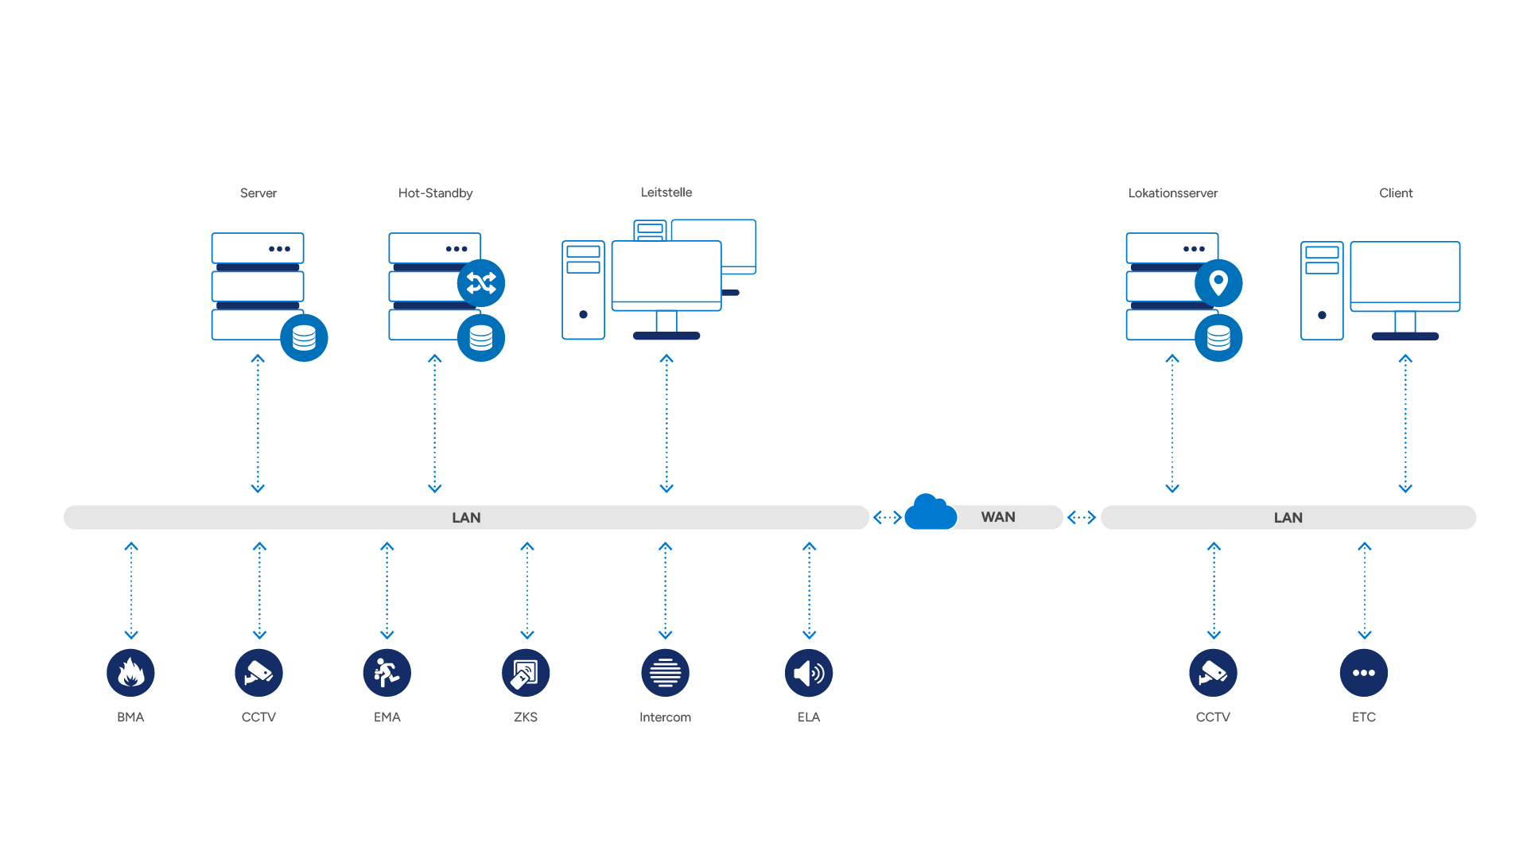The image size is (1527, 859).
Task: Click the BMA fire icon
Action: click(130, 673)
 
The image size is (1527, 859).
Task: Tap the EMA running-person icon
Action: click(387, 673)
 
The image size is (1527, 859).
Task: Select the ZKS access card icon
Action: click(526, 673)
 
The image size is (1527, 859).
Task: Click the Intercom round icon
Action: click(665, 673)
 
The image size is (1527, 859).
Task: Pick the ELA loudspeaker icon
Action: click(808, 673)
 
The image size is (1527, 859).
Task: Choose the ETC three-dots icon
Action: click(1363, 673)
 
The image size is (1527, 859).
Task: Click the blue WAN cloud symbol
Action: click(931, 513)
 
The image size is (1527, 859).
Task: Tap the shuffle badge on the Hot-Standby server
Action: click(481, 283)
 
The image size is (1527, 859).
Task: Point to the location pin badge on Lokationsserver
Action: click(1218, 283)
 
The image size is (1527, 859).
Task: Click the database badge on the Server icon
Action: click(304, 338)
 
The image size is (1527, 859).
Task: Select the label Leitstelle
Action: click(666, 192)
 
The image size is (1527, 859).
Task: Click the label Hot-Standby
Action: click(435, 193)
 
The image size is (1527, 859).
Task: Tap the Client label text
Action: click(1396, 193)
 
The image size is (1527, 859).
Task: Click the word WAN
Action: click(998, 517)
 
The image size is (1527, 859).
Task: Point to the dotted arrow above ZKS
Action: click(526, 590)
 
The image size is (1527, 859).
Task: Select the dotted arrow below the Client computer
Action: click(1405, 424)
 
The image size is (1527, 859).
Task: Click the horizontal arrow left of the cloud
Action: click(888, 518)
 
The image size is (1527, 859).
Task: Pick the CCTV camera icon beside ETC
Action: click(1213, 673)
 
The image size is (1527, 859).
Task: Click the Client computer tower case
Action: click(1322, 291)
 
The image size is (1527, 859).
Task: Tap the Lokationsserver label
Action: click(1172, 193)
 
